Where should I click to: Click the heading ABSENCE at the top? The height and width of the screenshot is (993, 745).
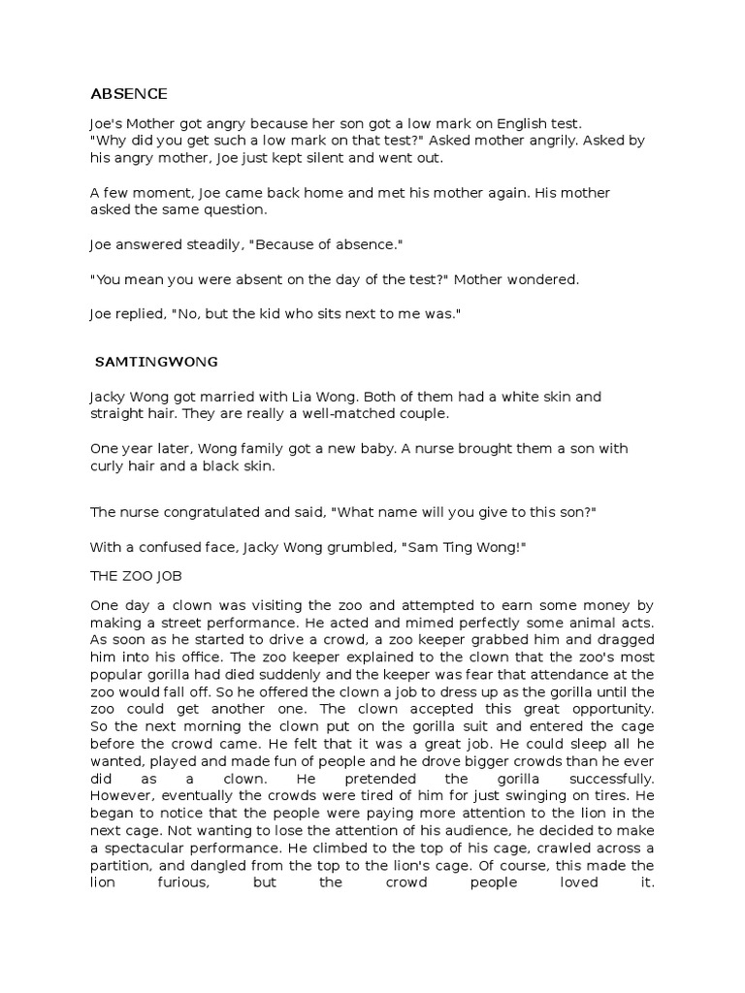[x=128, y=94]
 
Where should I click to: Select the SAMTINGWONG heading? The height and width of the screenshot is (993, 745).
[x=156, y=362]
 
